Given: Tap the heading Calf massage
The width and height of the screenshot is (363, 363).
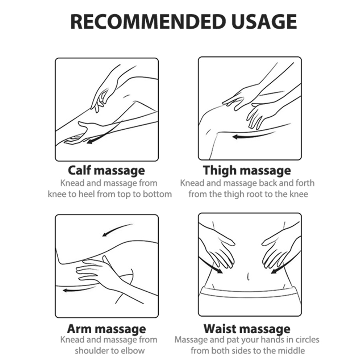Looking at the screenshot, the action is click(107, 171).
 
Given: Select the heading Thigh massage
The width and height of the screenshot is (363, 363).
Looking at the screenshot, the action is click(247, 171).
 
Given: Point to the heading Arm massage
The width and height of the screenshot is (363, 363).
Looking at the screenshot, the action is click(107, 329).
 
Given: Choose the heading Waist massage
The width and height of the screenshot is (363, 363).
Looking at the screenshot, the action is click(247, 329).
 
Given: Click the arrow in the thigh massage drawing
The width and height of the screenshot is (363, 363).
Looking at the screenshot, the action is click(255, 135).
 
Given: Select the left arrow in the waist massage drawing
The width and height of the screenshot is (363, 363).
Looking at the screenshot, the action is click(211, 265).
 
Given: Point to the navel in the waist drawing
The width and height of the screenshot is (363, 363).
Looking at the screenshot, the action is click(248, 276).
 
